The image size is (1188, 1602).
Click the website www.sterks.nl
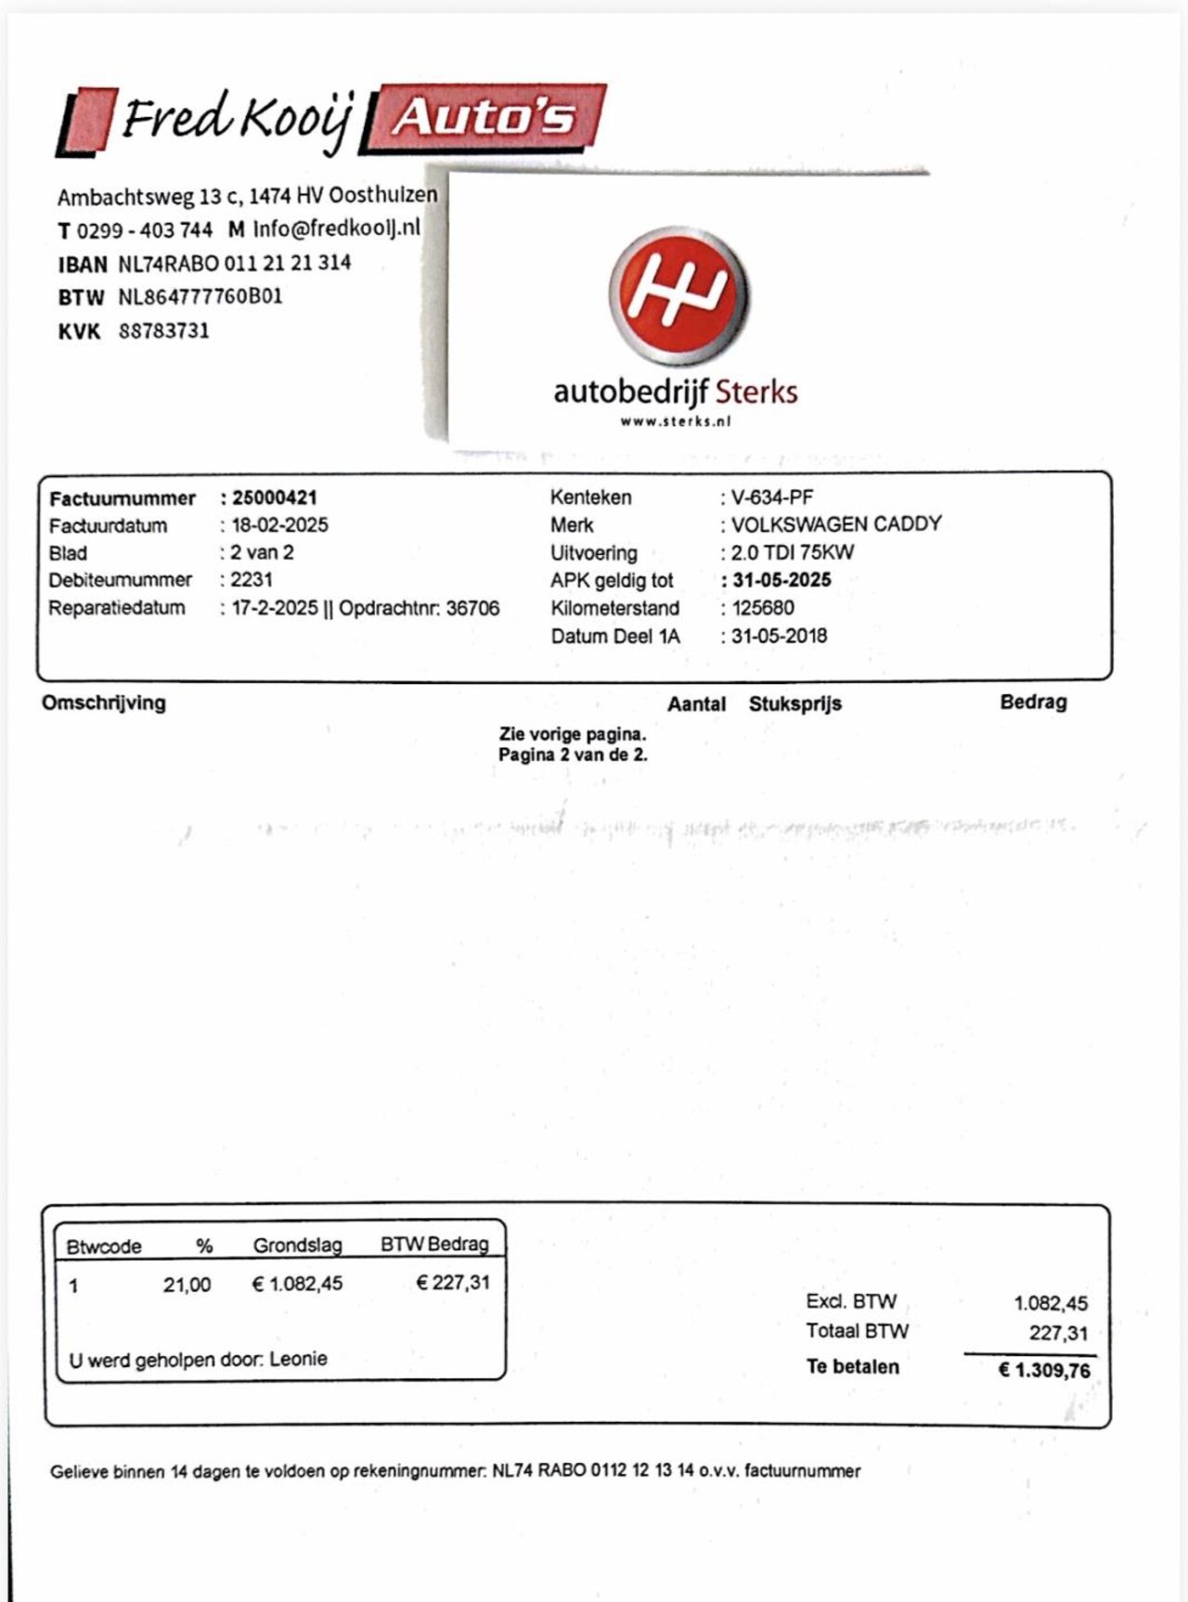676,421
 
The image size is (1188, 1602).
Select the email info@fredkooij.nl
337,227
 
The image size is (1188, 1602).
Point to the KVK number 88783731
163,331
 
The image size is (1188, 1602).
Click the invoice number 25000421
275,498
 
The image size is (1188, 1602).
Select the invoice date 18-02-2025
279,525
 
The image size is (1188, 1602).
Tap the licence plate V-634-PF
772,497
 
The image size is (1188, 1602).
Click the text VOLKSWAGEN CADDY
836,524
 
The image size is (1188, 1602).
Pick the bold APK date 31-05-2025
781,580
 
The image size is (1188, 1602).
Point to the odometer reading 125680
763,608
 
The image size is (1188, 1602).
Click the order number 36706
472,608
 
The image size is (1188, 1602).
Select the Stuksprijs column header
795,704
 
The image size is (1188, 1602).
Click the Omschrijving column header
104,703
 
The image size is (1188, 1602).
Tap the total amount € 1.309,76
1044,1370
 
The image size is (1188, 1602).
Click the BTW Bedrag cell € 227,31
453,1283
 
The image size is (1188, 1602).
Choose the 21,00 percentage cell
187,1285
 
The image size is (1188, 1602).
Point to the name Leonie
299,1359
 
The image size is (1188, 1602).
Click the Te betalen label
852,1367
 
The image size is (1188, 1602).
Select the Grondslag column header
297,1246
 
